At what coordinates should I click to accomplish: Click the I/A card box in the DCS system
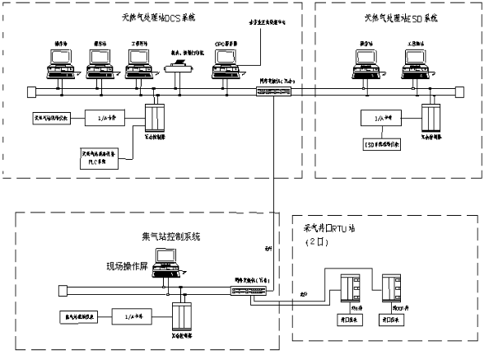tap(102, 119)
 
